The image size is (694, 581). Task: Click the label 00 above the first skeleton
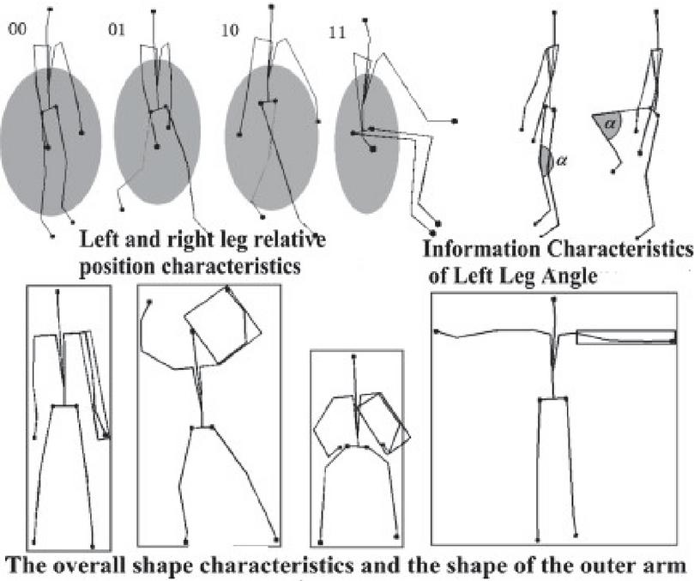(x=17, y=30)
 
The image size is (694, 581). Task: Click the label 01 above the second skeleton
(x=118, y=30)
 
